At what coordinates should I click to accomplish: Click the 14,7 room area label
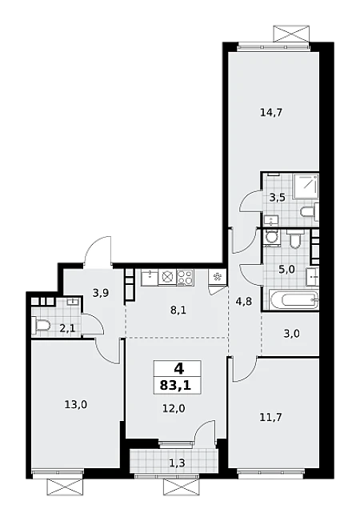click(271, 113)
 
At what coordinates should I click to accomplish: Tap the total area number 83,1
click(176, 386)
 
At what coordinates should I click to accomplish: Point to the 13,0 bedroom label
click(76, 405)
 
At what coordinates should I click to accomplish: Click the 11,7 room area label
click(270, 417)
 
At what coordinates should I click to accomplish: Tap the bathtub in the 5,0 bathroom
click(292, 299)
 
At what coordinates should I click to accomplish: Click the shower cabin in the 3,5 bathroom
click(306, 187)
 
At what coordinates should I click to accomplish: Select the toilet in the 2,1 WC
click(42, 325)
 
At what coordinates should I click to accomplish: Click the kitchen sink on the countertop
click(150, 278)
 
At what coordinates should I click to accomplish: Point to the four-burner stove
click(185, 278)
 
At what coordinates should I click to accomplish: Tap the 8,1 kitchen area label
click(178, 311)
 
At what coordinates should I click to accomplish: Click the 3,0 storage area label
click(292, 333)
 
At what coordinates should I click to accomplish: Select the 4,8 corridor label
click(245, 301)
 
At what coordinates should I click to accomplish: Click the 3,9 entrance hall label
click(101, 293)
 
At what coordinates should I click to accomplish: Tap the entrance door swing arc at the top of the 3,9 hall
click(94, 245)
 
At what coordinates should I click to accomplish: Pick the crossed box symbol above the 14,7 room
click(289, 34)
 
